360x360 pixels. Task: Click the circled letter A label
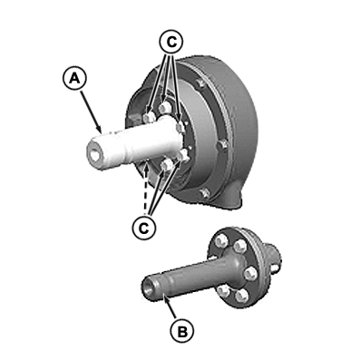click(x=74, y=79)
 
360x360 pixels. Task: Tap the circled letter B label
click(x=182, y=332)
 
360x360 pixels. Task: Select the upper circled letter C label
click(x=171, y=43)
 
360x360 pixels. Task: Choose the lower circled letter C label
click(x=144, y=228)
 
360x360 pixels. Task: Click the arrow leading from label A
click(x=91, y=112)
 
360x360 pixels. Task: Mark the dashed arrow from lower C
click(x=146, y=189)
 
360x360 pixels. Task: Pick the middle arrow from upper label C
click(x=166, y=77)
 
